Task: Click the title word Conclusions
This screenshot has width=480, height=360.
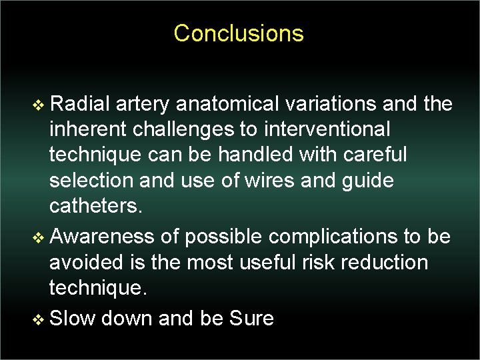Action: tap(239, 33)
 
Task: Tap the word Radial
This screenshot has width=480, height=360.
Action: tap(79, 104)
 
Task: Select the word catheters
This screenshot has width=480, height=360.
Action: tap(96, 206)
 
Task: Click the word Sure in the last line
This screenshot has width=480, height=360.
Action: tap(251, 318)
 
